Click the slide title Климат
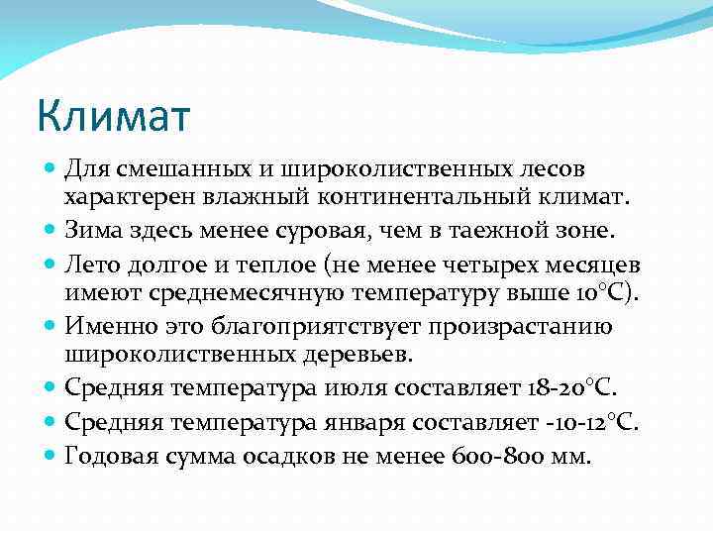(113, 115)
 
